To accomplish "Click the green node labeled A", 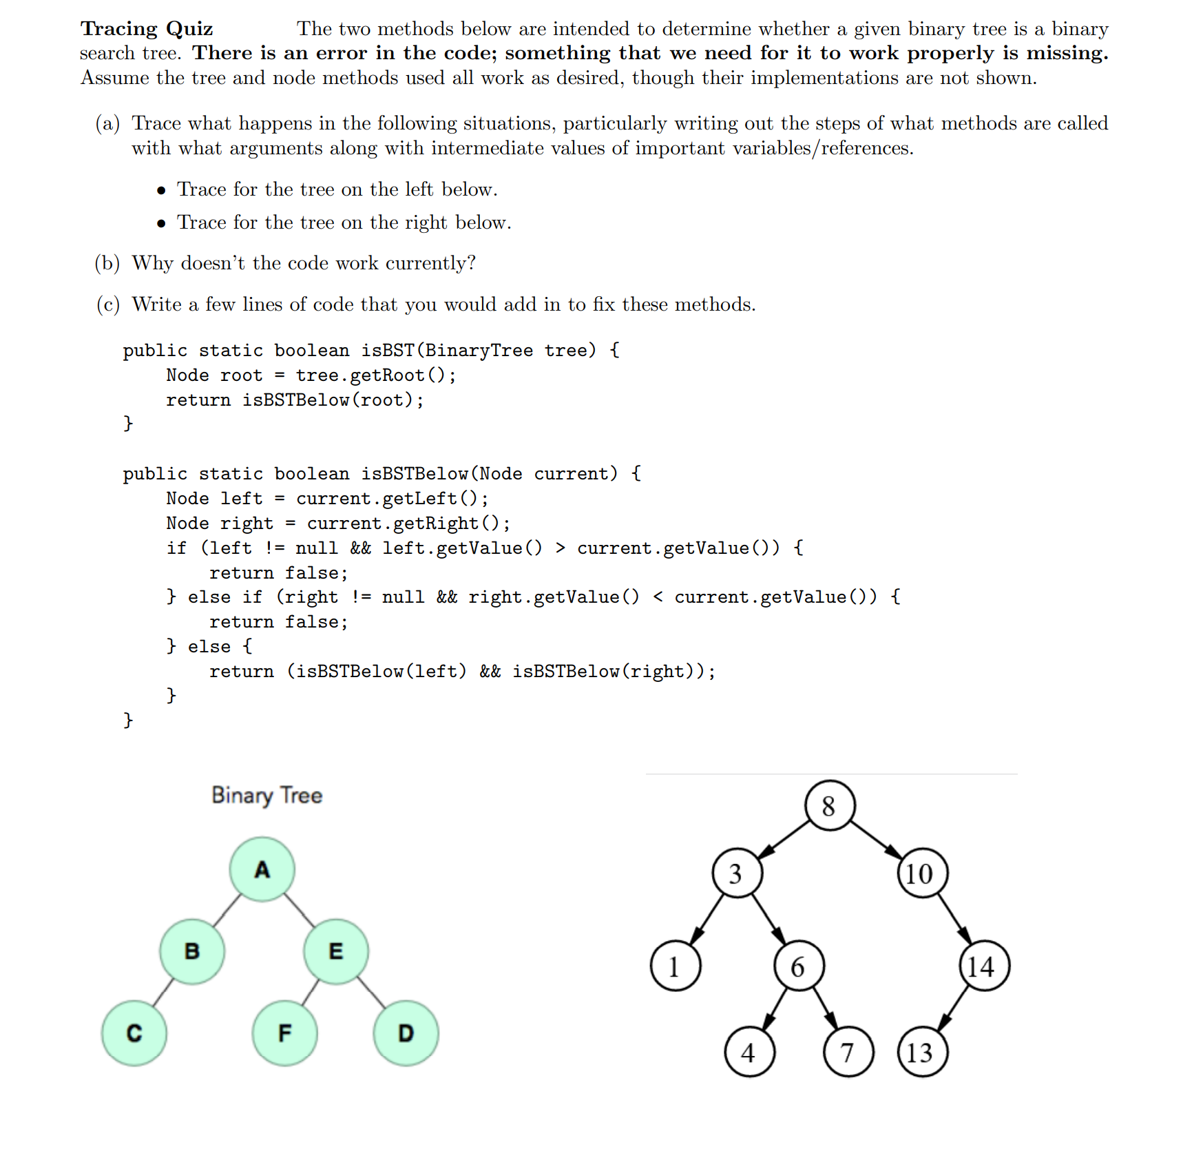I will click(x=262, y=869).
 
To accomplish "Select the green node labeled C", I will click(x=134, y=1033).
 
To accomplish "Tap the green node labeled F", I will click(x=284, y=1033).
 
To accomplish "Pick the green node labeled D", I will click(x=406, y=1033).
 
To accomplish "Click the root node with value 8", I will click(x=829, y=805).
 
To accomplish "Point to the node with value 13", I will click(x=922, y=1052).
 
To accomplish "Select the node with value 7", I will click(x=848, y=1052).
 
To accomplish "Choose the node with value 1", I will click(x=675, y=966).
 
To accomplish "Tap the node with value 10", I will click(x=922, y=873).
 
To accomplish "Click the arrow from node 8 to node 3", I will click(x=784, y=840).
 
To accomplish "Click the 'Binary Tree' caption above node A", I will click(x=266, y=795).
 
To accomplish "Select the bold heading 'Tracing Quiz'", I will click(x=147, y=29).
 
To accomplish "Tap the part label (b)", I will click(x=107, y=263).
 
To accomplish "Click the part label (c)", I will click(x=107, y=304).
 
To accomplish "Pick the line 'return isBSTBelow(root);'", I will click(x=295, y=400).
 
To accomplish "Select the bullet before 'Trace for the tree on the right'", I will click(x=161, y=223).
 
